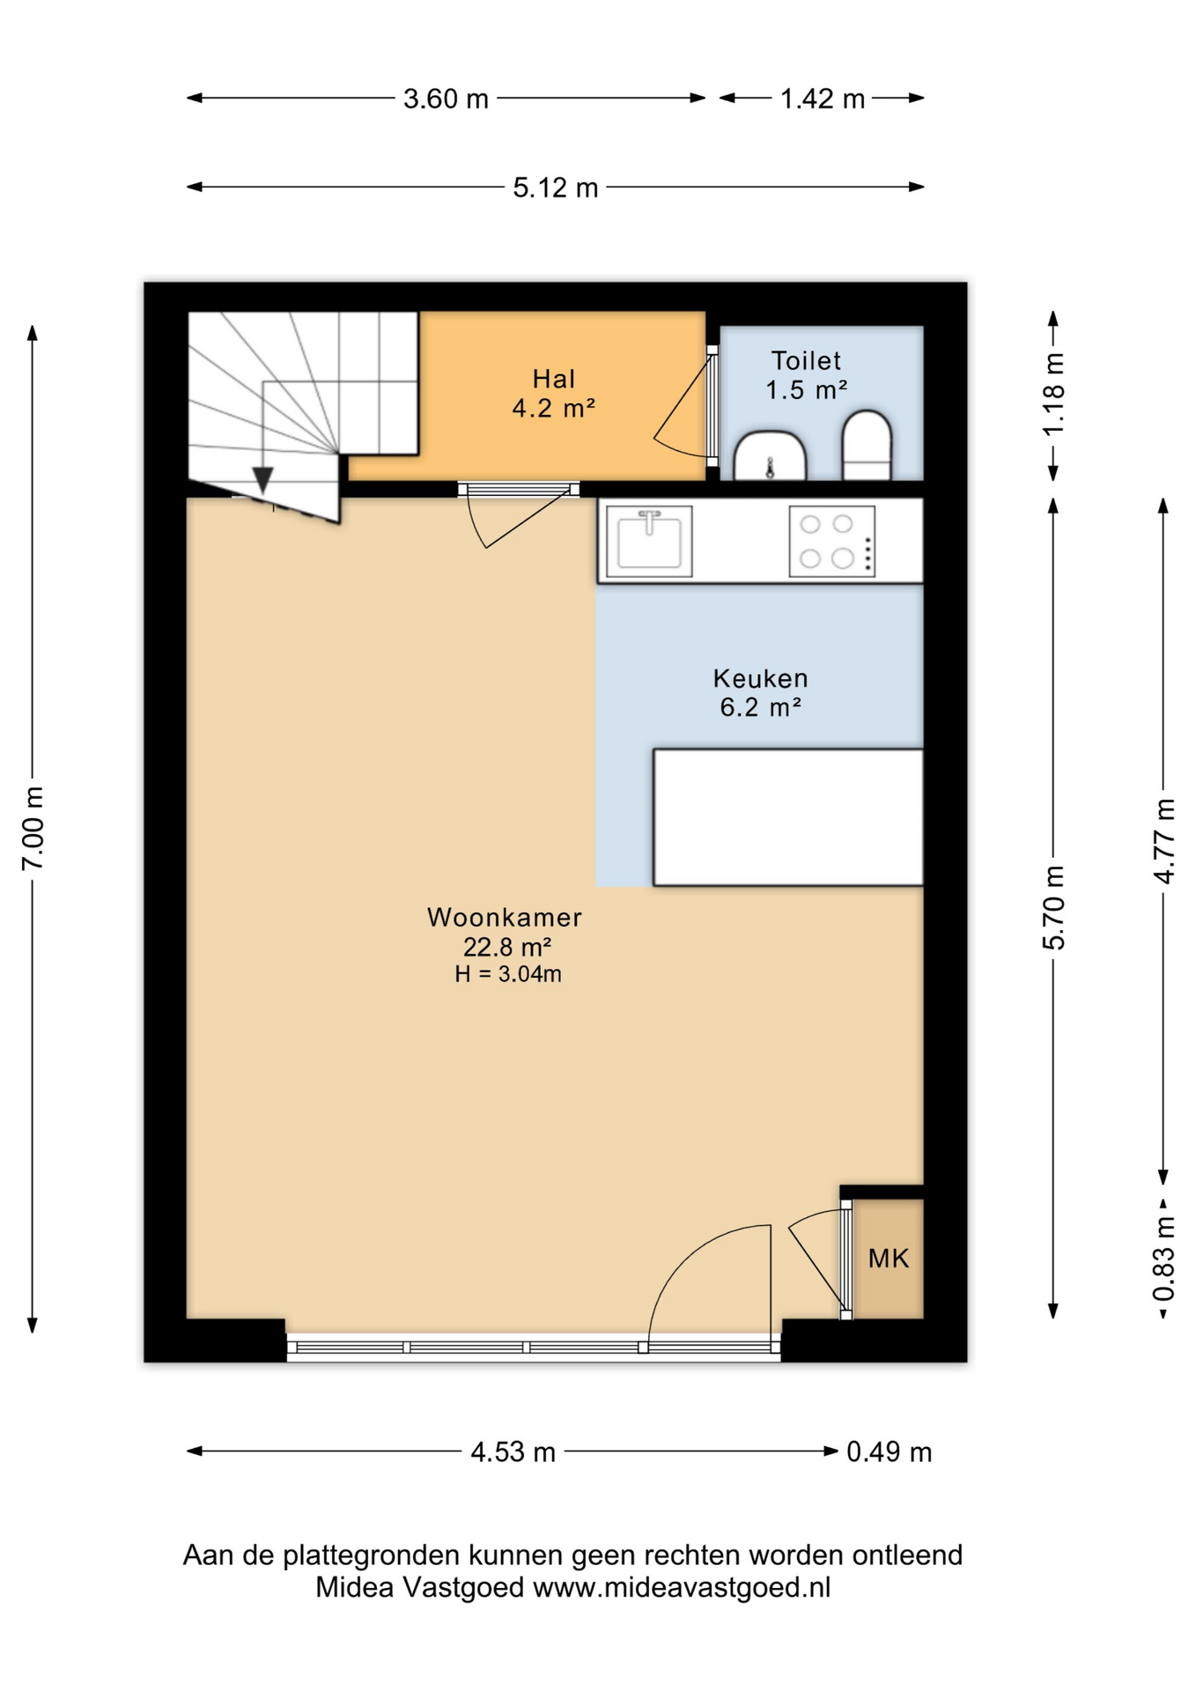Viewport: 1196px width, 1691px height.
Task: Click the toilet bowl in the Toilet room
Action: pos(867,446)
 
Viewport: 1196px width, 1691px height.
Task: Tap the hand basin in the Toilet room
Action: pos(770,456)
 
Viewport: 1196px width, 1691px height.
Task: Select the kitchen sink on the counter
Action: pos(649,542)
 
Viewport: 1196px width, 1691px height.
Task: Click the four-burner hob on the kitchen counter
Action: pos(832,542)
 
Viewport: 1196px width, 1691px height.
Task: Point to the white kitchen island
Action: pos(788,817)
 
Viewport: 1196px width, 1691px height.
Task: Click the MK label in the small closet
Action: pos(889,1259)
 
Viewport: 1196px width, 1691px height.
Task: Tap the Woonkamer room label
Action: pos(505,918)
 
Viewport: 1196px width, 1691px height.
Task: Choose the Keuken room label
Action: pos(761,678)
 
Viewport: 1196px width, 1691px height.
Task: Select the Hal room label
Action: pos(554,380)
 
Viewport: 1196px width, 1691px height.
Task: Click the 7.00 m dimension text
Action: pos(33,829)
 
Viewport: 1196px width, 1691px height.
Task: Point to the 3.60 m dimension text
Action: pos(446,99)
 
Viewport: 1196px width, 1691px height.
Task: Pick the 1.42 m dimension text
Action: pos(823,99)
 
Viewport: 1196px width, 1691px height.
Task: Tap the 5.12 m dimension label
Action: pos(556,188)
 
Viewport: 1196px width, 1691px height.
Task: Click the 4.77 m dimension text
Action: pos(1164,841)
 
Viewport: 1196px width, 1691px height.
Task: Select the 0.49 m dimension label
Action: pos(890,1451)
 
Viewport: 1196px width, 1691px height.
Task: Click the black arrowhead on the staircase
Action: pos(262,480)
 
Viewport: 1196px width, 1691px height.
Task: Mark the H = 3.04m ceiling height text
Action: pos(508,974)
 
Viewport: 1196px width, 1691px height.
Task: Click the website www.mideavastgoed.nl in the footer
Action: pos(682,1587)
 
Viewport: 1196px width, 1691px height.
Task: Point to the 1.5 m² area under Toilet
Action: pos(807,390)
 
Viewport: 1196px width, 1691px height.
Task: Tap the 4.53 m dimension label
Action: pos(513,1451)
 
